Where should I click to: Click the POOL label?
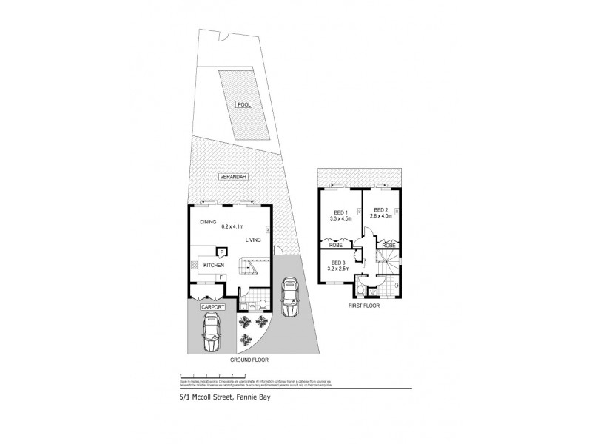pyautogui.click(x=243, y=105)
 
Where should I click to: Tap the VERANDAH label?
pyautogui.click(x=232, y=177)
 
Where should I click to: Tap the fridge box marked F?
pyautogui.click(x=220, y=277)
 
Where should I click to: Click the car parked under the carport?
pyautogui.click(x=212, y=331)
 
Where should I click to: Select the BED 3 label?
pyautogui.click(x=337, y=262)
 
